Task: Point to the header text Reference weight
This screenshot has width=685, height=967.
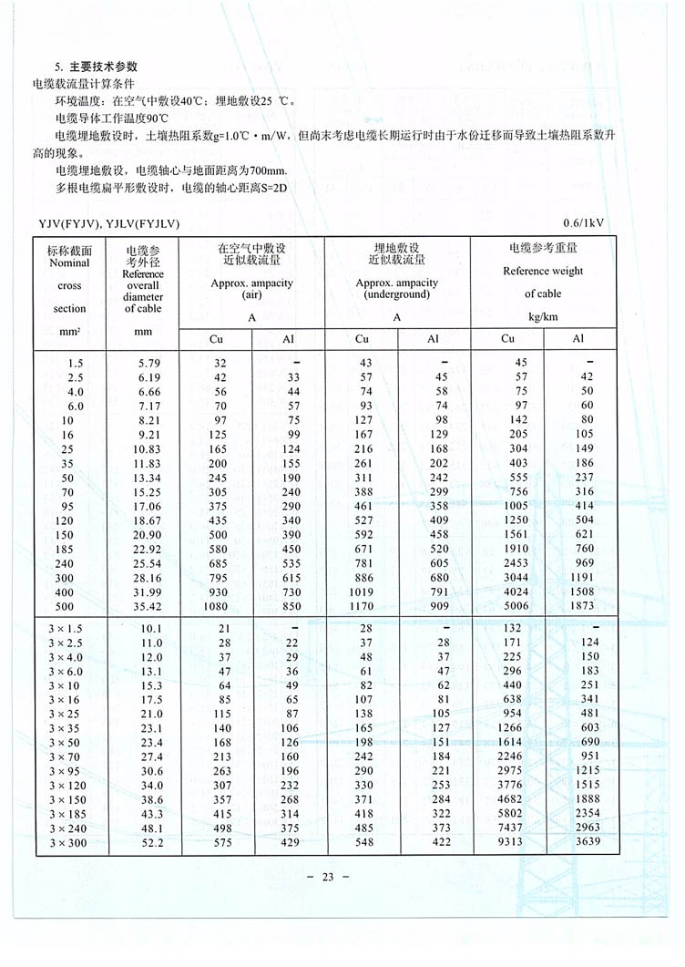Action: [543, 271]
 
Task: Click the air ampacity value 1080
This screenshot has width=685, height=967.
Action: [213, 605]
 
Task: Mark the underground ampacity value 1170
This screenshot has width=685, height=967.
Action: [361, 605]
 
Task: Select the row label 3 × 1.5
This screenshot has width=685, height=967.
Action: [69, 628]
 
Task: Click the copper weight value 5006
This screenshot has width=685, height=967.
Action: [512, 605]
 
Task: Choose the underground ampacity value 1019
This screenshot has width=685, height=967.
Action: [361, 592]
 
